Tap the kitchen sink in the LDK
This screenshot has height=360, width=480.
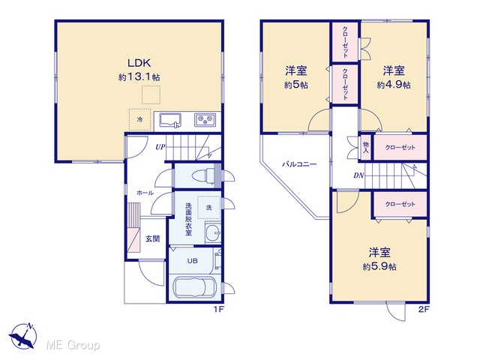pos(170,121)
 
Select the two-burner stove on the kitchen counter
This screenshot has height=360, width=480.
pos(205,119)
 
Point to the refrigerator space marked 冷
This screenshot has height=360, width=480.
pos(139,120)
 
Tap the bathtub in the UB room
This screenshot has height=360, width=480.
pos(195,287)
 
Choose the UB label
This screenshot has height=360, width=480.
pos(193,261)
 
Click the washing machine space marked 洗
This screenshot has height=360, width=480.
pos(208,207)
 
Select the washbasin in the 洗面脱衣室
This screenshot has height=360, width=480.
pos(213,233)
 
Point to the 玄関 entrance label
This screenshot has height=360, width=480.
pos(152,238)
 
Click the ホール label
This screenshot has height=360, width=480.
pos(145,193)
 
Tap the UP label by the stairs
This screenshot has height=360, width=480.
pos(160,147)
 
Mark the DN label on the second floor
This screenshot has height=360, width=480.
pos(358,175)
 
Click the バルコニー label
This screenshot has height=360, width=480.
pos(299,164)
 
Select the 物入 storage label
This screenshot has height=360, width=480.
pos(366,147)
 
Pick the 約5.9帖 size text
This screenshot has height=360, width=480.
pos(379,267)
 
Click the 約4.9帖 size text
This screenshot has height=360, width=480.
pos(394,85)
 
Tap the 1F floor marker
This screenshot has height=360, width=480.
pos(219,309)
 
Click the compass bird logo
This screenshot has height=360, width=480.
pos(23,335)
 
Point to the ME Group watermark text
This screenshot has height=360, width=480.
pos(73,345)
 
